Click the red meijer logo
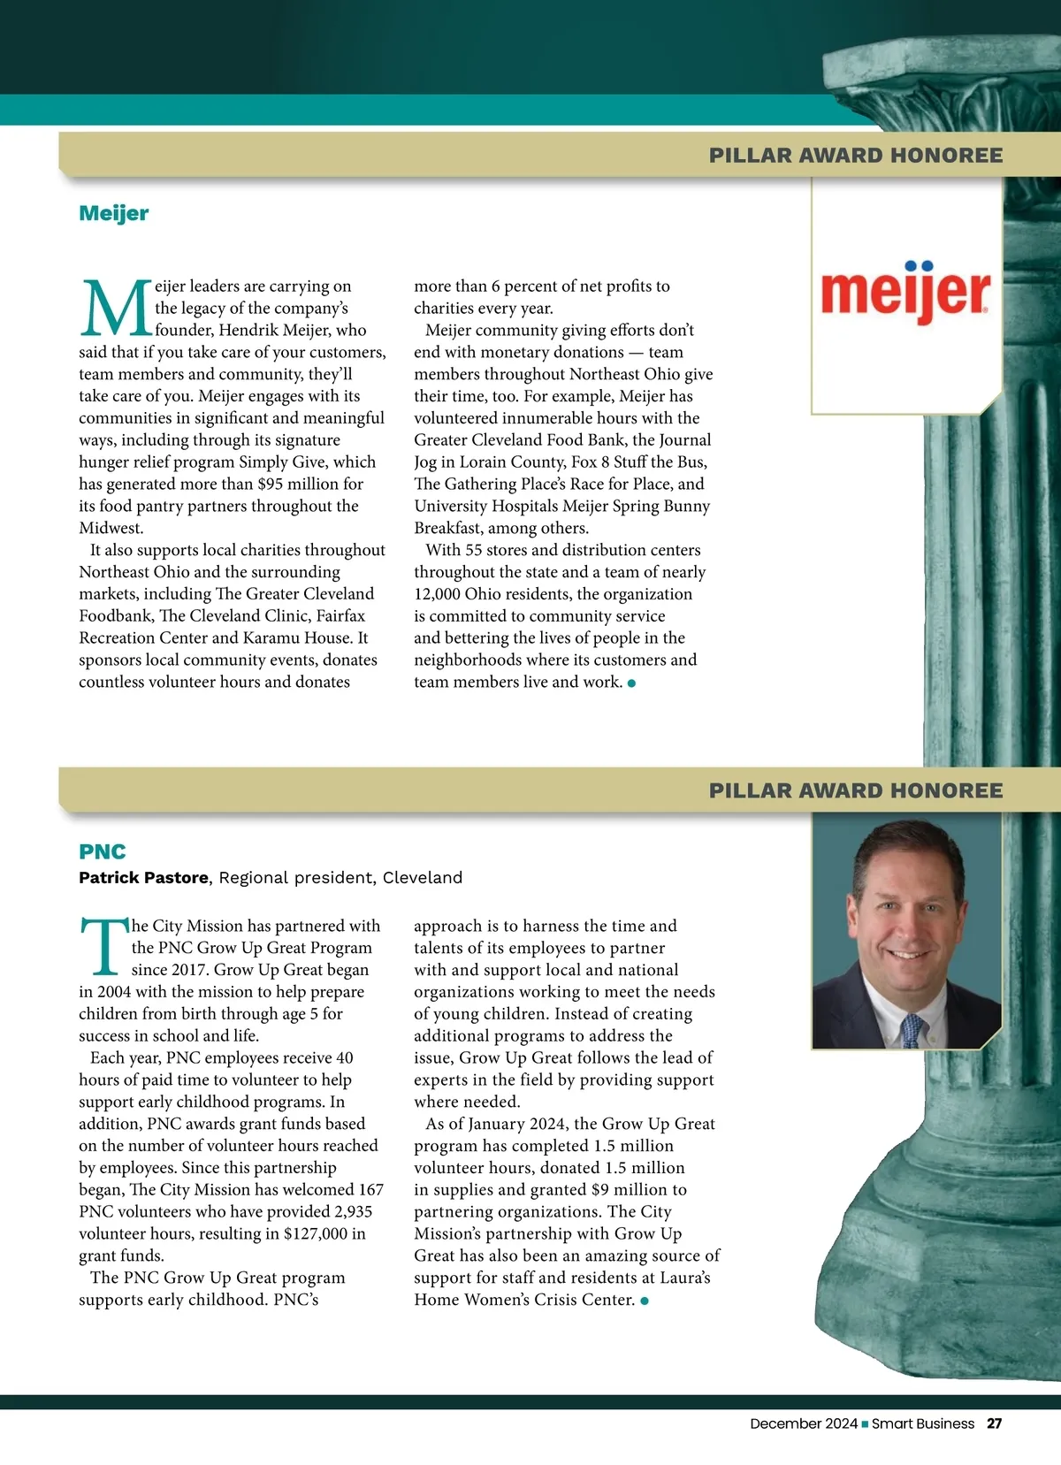click(x=905, y=294)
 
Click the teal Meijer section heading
click(x=114, y=213)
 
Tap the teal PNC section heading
click(x=103, y=851)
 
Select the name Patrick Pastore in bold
click(x=143, y=877)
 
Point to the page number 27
click(x=995, y=1423)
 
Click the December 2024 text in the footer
click(x=804, y=1423)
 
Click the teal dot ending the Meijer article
click(x=631, y=683)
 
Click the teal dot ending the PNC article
click(x=645, y=1301)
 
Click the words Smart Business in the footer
click(x=923, y=1423)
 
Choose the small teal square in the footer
click(x=865, y=1423)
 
